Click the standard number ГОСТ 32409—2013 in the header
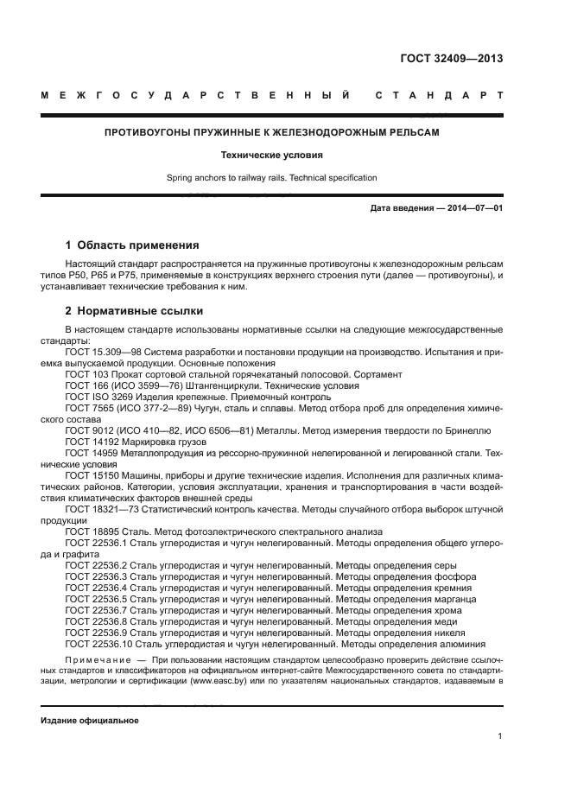point(451,59)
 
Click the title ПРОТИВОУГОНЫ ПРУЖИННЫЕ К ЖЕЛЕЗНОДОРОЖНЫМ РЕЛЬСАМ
point(271,133)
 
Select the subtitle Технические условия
point(271,156)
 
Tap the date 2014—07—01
point(473,209)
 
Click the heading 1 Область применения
point(132,245)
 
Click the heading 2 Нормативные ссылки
point(135,309)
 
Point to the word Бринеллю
point(467,429)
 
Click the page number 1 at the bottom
point(500,737)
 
